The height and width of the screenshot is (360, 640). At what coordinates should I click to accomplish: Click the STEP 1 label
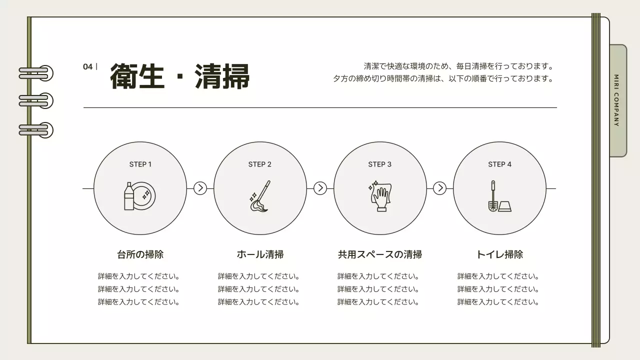tap(140, 164)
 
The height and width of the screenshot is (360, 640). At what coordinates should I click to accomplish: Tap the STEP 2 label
tap(260, 164)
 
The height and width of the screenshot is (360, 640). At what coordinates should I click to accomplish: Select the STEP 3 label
tap(380, 164)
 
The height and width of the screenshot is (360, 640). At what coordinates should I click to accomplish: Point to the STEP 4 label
tap(500, 164)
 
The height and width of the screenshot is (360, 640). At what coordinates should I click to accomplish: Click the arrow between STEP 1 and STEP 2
tap(200, 188)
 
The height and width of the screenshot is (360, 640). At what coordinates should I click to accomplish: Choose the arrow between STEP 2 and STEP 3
tap(320, 188)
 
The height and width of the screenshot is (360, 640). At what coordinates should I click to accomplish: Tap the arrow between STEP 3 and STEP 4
tap(439, 188)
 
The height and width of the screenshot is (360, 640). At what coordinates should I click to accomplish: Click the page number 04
tap(88, 67)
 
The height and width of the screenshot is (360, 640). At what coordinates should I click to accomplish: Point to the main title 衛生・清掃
tap(179, 76)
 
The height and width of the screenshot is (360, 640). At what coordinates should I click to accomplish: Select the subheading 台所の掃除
tap(140, 254)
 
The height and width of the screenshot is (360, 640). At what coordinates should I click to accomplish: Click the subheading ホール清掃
tap(260, 254)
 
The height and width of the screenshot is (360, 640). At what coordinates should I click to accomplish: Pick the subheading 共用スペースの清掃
tap(380, 254)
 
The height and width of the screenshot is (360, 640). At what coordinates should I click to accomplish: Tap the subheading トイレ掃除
tap(499, 254)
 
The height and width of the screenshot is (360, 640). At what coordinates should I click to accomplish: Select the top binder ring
tap(36, 73)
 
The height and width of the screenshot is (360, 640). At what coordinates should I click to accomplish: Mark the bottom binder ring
tap(36, 130)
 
